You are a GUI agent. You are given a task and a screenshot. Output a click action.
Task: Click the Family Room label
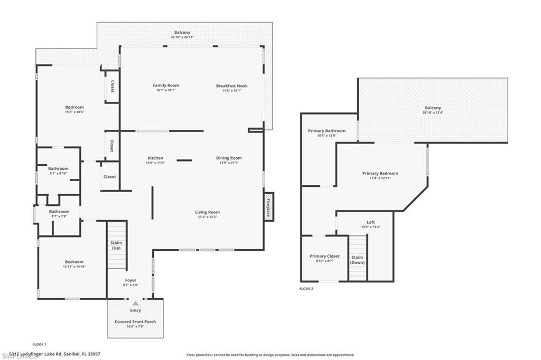[x=166, y=86]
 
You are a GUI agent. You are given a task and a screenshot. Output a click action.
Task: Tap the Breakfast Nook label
[x=231, y=86]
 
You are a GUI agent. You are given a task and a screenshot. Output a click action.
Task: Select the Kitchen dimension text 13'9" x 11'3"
[x=155, y=163]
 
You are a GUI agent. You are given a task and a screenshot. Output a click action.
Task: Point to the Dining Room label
[x=229, y=158]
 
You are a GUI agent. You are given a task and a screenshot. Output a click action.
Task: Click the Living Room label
[x=207, y=212]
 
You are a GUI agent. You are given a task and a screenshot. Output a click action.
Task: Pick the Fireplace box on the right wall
[x=268, y=206]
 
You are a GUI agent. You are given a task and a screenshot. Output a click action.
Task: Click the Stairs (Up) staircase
[x=117, y=245]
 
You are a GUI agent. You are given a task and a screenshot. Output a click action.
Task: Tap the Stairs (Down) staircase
[x=358, y=258]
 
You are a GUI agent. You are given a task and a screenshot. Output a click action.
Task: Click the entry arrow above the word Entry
[x=136, y=304]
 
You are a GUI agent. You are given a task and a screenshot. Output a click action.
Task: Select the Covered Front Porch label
[x=135, y=321]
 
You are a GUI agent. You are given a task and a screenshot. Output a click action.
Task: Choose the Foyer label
[x=130, y=280]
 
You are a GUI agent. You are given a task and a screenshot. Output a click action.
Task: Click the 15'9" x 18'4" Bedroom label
[x=74, y=107]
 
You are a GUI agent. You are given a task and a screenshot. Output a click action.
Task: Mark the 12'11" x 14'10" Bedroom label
[x=74, y=262]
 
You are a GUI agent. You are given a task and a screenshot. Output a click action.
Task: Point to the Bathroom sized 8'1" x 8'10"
[x=59, y=169]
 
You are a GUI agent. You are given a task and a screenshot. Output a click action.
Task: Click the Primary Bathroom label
[x=327, y=131]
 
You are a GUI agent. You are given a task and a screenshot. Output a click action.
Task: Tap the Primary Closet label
[x=324, y=256]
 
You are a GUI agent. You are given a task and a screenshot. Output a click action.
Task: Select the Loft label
[x=371, y=222]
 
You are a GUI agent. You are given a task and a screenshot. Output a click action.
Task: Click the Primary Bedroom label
[x=380, y=173]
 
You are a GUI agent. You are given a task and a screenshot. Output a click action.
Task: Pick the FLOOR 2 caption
[x=306, y=289]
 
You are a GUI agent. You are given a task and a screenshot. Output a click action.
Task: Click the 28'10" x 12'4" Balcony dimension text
[x=433, y=112]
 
